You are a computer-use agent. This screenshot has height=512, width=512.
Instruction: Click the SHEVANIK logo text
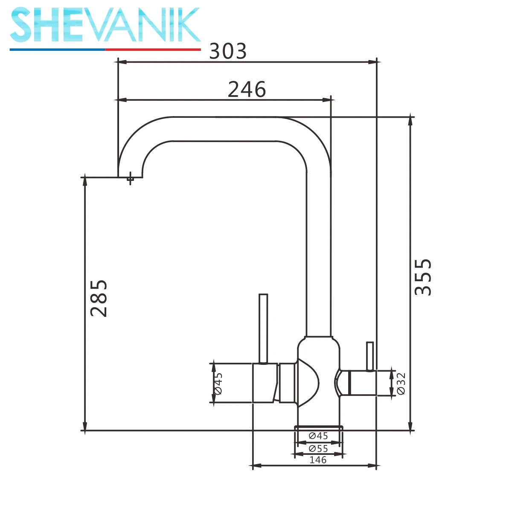(x=105, y=25)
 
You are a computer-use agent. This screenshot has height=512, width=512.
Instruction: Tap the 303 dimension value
(x=228, y=51)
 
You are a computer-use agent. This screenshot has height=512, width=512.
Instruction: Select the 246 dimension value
(x=247, y=89)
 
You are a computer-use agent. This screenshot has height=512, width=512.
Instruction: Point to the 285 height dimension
(x=99, y=298)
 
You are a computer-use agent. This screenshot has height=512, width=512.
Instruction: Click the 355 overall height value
(x=423, y=277)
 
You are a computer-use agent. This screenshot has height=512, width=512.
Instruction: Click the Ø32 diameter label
(x=401, y=384)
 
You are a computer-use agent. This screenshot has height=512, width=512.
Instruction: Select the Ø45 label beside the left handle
(x=218, y=384)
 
